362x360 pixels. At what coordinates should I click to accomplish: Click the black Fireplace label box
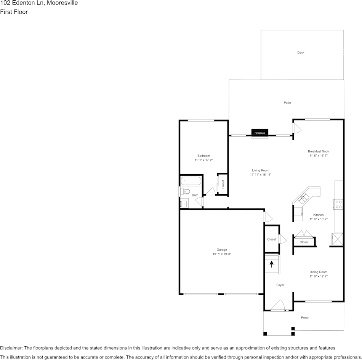tap(260, 133)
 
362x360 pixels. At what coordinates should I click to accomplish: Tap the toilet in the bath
tap(185, 191)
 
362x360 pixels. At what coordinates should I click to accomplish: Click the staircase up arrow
tap(272, 264)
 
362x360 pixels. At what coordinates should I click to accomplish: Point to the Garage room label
tap(222, 250)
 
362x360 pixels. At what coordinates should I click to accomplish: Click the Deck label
tap(301, 53)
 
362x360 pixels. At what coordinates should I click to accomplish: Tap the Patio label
tap(287, 103)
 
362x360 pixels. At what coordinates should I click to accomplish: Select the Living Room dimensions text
tap(261, 175)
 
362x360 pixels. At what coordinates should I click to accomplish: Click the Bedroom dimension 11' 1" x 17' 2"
tap(203, 160)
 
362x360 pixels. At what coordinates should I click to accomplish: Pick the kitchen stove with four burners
tap(338, 204)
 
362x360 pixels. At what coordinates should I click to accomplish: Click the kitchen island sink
tap(304, 198)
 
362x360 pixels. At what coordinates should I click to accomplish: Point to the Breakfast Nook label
tap(318, 151)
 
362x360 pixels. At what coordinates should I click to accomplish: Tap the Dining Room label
tap(318, 272)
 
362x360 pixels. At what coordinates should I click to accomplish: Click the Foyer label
tap(280, 285)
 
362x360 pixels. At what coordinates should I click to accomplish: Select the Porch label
tap(305, 317)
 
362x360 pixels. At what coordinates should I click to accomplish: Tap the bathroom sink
tap(184, 204)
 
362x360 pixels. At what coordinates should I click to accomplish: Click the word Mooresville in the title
tap(62, 3)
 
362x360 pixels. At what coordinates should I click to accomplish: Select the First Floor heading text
tap(14, 12)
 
